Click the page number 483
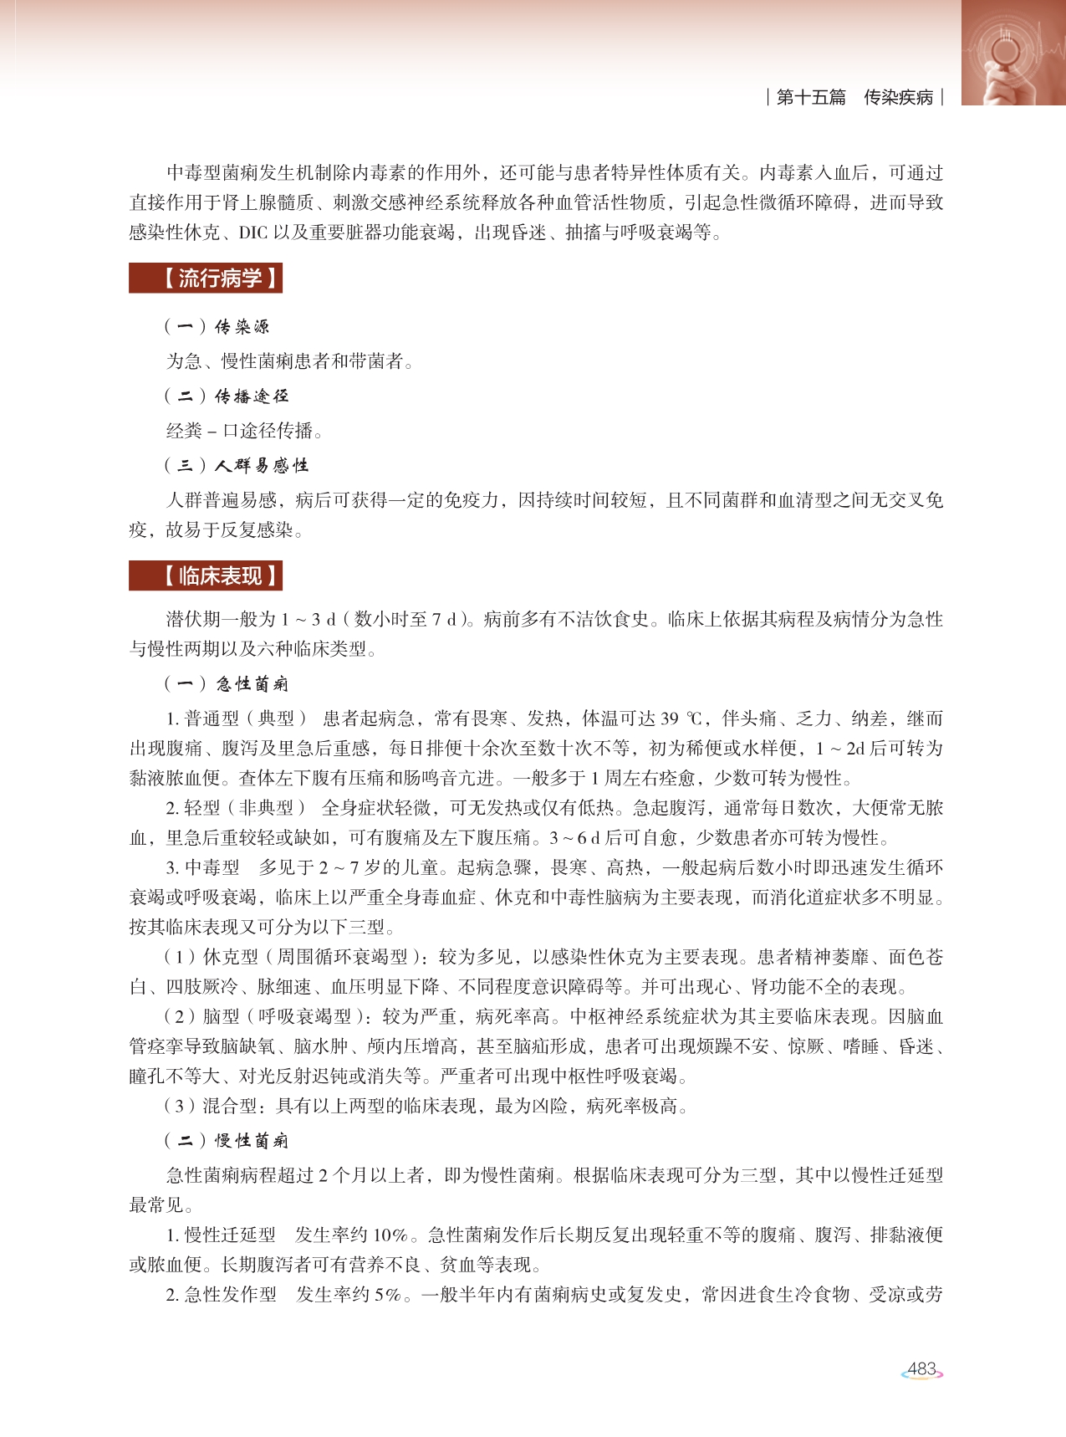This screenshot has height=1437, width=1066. (921, 1369)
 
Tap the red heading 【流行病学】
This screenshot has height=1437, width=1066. (206, 278)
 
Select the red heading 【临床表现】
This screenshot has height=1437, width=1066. (206, 575)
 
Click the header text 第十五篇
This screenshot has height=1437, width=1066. (811, 97)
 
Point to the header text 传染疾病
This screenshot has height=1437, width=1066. (898, 97)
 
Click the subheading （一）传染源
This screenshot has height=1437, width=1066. (217, 326)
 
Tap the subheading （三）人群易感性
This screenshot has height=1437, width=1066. (236, 465)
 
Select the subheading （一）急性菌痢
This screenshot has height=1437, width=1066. (226, 683)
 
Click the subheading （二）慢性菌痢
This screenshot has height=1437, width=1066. (226, 1140)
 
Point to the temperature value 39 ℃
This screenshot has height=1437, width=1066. (681, 718)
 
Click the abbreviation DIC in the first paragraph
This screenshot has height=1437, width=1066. (252, 233)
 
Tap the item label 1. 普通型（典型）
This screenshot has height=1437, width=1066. (236, 718)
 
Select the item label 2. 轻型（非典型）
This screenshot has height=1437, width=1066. (236, 808)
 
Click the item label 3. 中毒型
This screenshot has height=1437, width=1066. (203, 867)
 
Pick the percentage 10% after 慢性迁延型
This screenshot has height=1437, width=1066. (390, 1235)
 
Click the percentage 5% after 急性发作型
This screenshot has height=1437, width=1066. (386, 1295)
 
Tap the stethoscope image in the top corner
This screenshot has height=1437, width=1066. (1012, 52)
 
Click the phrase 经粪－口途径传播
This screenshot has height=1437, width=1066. (244, 431)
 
